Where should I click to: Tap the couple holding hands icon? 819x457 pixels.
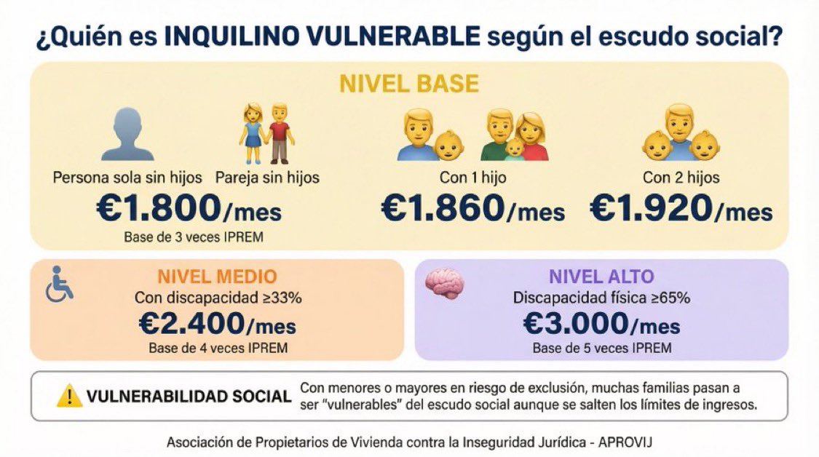click(265, 132)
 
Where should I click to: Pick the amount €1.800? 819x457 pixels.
click(158, 210)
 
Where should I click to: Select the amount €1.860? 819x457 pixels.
click(442, 210)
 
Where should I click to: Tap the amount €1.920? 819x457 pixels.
click(649, 210)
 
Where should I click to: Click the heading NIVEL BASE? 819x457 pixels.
click(408, 84)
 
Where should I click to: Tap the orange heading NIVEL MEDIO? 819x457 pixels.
click(217, 277)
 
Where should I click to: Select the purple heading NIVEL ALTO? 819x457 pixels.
click(601, 277)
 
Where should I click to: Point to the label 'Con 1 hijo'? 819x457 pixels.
click(472, 177)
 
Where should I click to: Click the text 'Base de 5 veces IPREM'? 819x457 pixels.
click(601, 348)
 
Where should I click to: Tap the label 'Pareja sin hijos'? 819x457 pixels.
click(267, 177)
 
